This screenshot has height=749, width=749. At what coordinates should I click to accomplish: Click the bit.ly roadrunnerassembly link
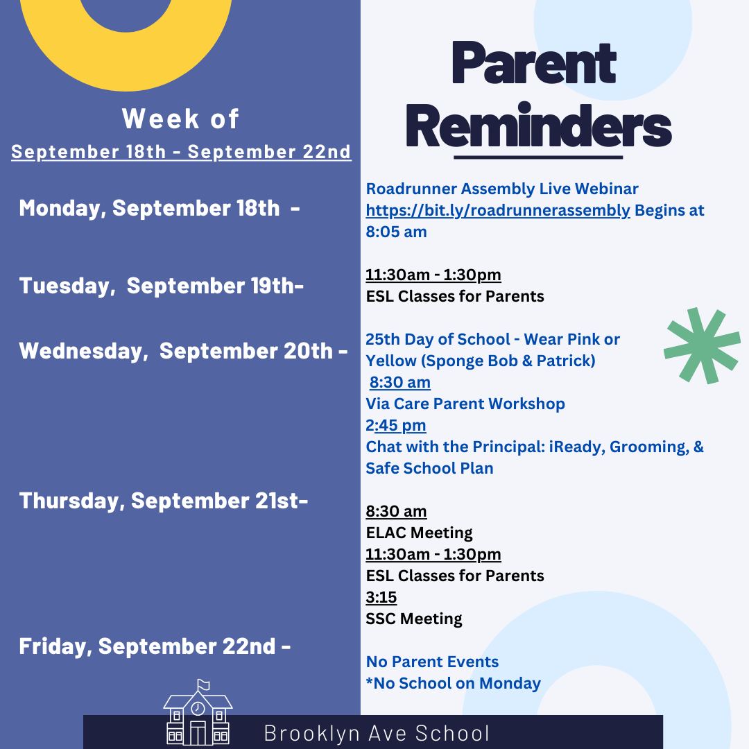tap(498, 210)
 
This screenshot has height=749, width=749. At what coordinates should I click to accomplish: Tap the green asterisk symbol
tap(701, 346)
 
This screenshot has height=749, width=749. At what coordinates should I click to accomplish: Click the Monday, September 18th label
tap(160, 207)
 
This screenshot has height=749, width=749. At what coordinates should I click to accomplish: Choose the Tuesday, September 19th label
tap(161, 285)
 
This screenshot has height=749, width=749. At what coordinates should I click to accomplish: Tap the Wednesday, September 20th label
tap(183, 350)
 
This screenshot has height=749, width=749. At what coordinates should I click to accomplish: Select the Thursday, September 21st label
tap(164, 500)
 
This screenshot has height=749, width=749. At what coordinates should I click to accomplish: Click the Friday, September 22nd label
tap(155, 646)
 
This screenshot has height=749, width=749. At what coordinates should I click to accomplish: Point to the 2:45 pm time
tap(396, 425)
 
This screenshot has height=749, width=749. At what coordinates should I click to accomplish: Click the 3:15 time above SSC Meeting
tap(381, 597)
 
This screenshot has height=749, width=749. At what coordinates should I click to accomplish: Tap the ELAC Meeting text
tap(419, 533)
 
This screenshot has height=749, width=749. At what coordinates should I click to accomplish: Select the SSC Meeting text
tap(414, 619)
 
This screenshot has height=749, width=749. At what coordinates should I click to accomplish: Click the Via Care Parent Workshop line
tap(465, 404)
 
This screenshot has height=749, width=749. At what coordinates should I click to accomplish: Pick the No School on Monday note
tap(454, 683)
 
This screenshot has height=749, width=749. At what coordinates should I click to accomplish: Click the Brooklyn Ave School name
tap(377, 734)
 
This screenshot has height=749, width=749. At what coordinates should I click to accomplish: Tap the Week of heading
tap(181, 119)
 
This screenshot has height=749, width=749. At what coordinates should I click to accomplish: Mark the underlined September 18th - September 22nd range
tap(181, 152)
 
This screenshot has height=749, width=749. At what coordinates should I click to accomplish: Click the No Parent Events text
tap(432, 662)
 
